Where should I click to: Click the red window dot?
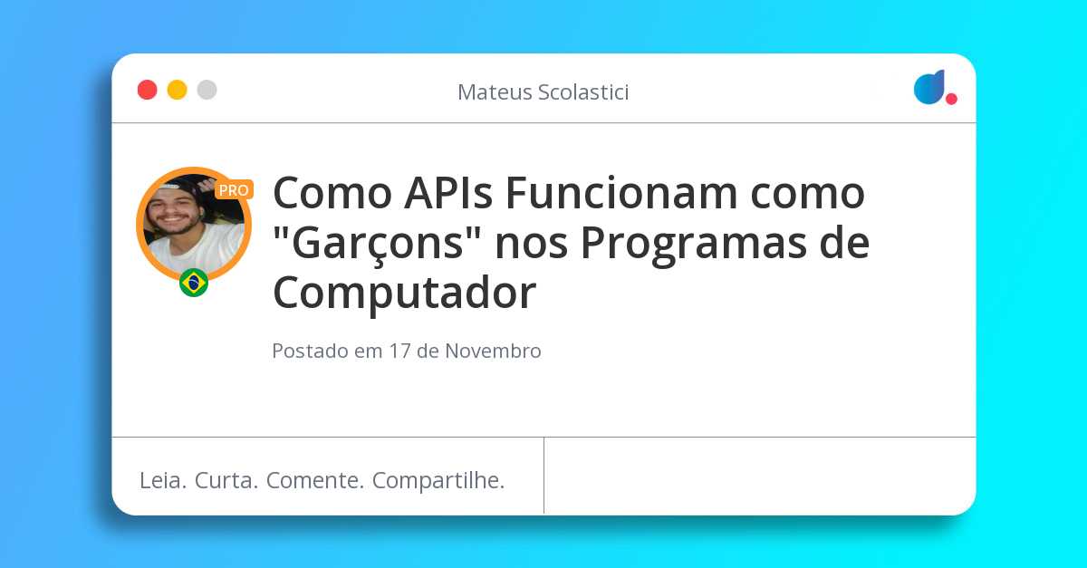click(147, 90)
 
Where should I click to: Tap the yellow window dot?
click(177, 90)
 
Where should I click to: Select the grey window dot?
click(207, 90)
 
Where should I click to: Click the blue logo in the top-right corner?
click(928, 87)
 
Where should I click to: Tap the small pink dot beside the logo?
click(951, 99)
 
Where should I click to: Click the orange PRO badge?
click(234, 190)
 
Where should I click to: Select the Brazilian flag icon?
click(194, 283)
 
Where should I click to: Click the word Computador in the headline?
click(404, 294)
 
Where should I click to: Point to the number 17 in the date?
click(400, 351)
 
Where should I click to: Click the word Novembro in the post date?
click(493, 351)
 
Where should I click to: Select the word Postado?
click(310, 351)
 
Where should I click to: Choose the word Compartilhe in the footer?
click(438, 481)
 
